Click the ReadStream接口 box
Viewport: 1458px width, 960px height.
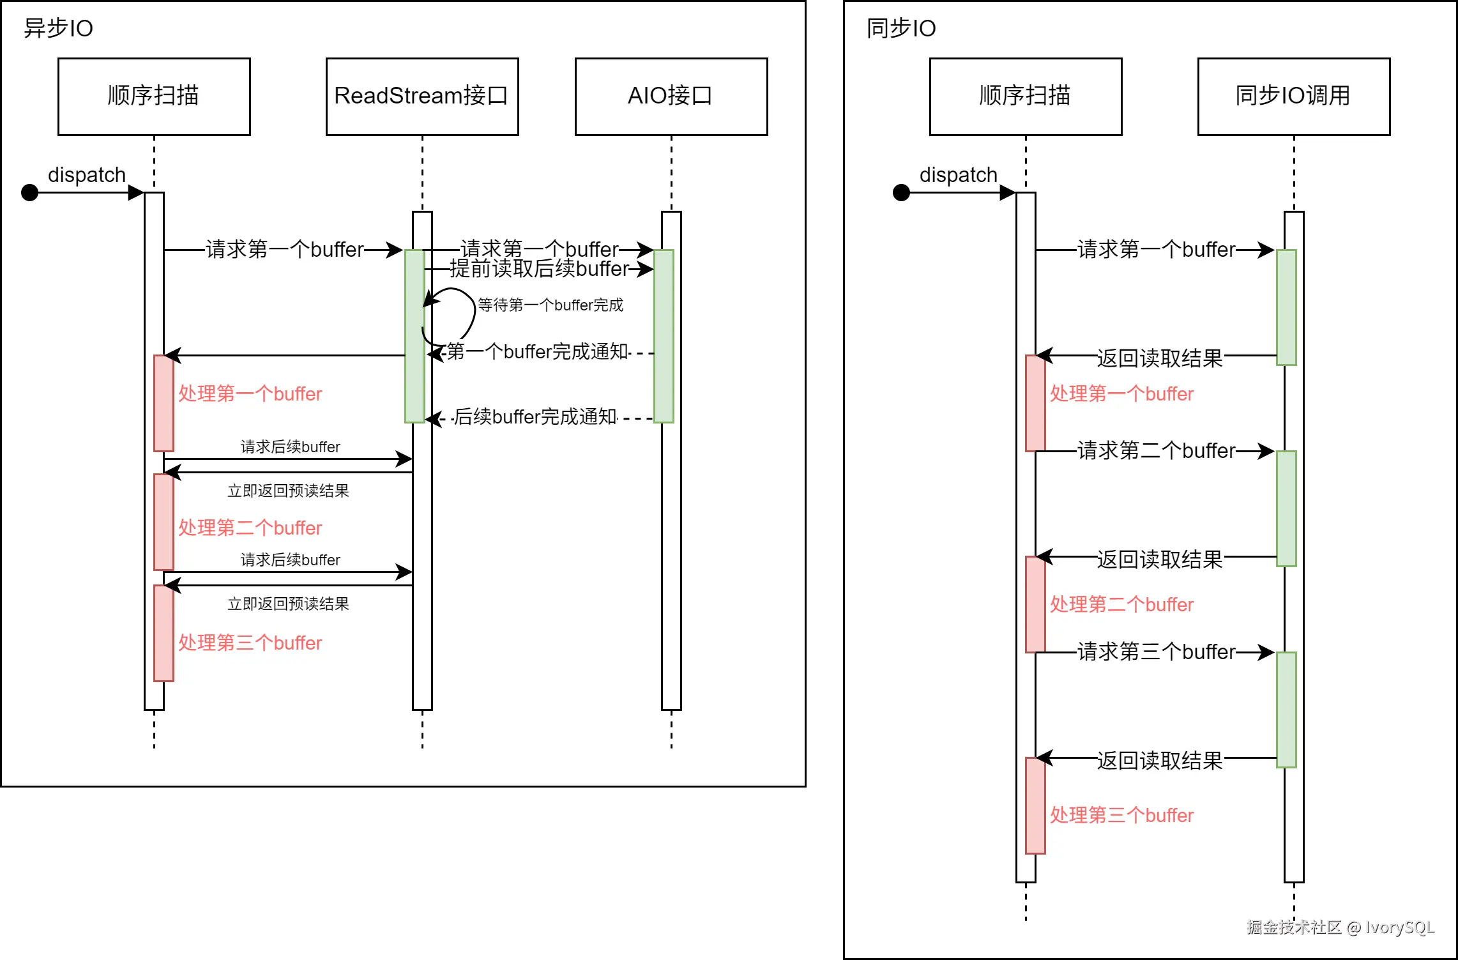[x=422, y=96]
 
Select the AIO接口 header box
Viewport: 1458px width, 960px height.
[x=671, y=96]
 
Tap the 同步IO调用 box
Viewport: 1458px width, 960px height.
[x=1294, y=96]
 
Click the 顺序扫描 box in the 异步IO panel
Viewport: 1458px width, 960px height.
[x=154, y=96]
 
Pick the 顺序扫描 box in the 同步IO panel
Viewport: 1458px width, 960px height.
[x=1026, y=96]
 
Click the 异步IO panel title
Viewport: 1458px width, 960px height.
[x=58, y=28]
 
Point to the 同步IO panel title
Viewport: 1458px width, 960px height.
[x=901, y=28]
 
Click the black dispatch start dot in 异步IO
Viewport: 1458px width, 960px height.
[x=30, y=192]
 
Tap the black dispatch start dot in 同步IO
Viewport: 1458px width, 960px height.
[x=901, y=192]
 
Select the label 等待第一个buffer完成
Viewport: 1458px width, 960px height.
[x=551, y=305]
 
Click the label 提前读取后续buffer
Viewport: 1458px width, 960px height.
[x=540, y=269]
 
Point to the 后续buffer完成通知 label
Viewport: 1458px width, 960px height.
[x=535, y=416]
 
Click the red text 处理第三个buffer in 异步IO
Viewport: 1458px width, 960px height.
[x=250, y=643]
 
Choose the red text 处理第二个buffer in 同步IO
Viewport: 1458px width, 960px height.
[x=1121, y=604]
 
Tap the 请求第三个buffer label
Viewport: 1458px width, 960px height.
[x=1156, y=651]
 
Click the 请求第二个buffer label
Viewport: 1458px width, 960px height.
[x=1156, y=450]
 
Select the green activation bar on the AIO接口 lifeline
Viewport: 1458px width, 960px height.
[x=664, y=336]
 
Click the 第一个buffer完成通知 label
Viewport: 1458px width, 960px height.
[x=538, y=351]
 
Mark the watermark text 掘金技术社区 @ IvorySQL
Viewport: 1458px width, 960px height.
[x=1340, y=927]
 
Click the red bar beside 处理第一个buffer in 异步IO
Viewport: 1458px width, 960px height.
[x=163, y=403]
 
